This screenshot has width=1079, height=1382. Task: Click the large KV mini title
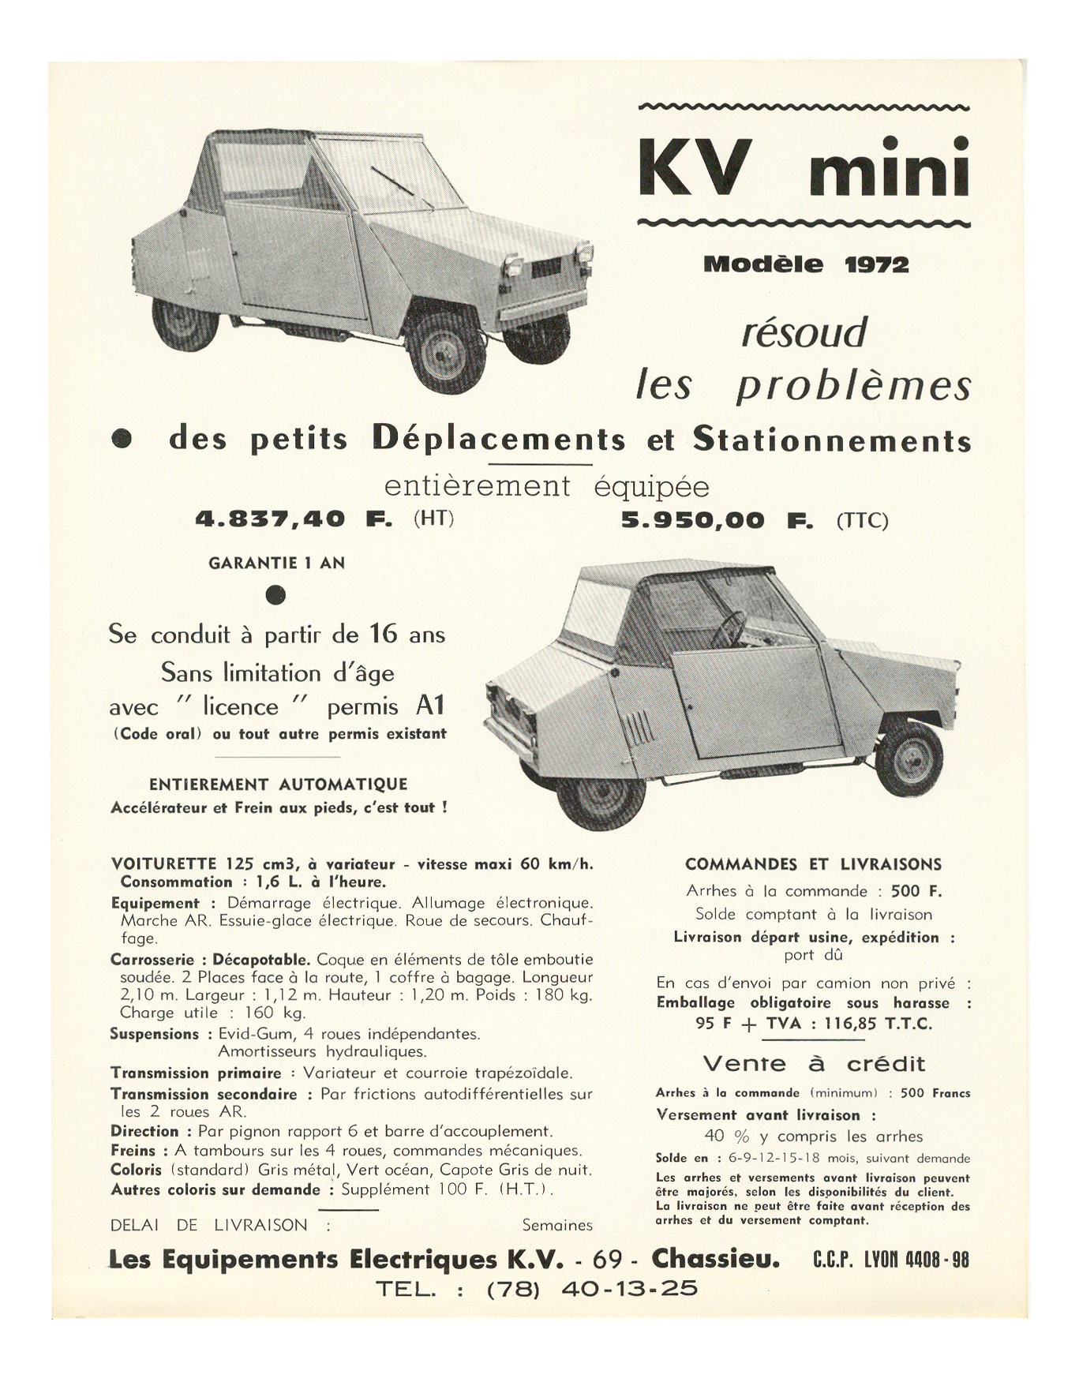[x=804, y=167]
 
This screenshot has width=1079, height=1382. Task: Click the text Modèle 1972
[x=806, y=265]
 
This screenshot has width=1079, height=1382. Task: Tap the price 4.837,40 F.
[x=294, y=519]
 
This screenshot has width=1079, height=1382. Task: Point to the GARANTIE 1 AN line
[x=276, y=564]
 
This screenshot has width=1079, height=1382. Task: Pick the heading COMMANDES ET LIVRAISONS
[x=813, y=865]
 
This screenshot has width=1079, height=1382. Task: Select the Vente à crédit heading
[x=813, y=1064]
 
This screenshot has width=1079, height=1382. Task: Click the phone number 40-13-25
[x=629, y=1289]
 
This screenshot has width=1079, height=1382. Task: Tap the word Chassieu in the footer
[x=716, y=1260]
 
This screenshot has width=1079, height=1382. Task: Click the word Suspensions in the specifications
[x=155, y=1034]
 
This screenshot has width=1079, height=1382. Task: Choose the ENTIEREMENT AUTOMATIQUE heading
[x=278, y=785]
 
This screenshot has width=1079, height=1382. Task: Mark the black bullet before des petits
[x=122, y=440]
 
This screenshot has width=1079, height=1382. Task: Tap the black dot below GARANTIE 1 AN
[x=275, y=594]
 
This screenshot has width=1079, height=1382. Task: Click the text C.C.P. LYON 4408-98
[x=890, y=1260]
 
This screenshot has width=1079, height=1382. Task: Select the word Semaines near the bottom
[x=557, y=1226]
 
